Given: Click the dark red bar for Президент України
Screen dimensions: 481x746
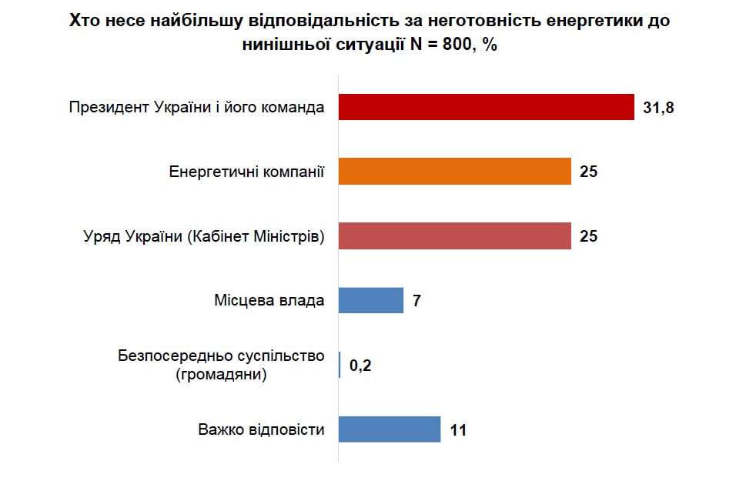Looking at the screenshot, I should pyautogui.click(x=486, y=108).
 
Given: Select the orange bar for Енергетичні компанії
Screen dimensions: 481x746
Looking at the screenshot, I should pyautogui.click(x=455, y=172).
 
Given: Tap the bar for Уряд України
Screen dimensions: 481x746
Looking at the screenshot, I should pyautogui.click(x=455, y=236).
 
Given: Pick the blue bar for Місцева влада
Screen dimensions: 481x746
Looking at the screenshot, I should pyautogui.click(x=371, y=300).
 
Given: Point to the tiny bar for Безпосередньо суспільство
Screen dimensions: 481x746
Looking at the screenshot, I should pyautogui.click(x=340, y=365).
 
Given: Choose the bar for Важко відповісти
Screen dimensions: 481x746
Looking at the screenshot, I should pyautogui.click(x=390, y=429).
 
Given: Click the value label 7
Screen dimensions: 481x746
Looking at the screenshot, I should pyautogui.click(x=416, y=301).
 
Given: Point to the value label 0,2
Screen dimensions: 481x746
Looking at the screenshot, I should pyautogui.click(x=360, y=366).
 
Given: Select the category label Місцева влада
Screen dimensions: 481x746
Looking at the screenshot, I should pyautogui.click(x=269, y=300).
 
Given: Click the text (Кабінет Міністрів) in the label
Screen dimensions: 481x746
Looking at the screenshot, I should pyautogui.click(x=255, y=236).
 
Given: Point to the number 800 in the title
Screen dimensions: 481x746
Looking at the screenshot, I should pyautogui.click(x=455, y=45).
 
